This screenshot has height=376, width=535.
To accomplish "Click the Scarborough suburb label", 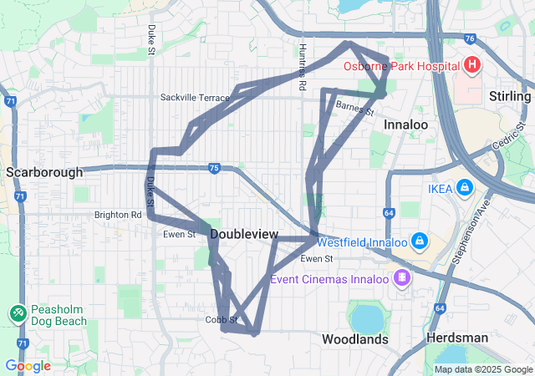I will (x=44, y=172).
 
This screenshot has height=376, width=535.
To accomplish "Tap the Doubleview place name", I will (x=244, y=235).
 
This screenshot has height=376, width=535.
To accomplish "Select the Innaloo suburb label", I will (x=405, y=124).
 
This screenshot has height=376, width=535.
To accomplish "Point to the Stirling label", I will (x=510, y=96).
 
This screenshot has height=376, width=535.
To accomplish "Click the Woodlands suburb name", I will (x=355, y=339).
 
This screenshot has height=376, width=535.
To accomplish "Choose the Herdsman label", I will (x=456, y=338).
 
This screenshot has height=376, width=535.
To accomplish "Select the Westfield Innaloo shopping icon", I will (x=420, y=242).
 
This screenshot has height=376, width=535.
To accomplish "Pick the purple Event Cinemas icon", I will (x=403, y=277).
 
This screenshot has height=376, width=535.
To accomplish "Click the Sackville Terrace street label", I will (x=195, y=98).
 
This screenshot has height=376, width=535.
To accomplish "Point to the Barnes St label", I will (x=353, y=105).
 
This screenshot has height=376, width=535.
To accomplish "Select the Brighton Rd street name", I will (x=118, y=215).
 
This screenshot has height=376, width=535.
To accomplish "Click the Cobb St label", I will (x=222, y=319).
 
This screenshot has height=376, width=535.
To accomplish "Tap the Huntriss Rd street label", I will (x=303, y=67).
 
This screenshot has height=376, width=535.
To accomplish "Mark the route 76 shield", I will (x=470, y=38).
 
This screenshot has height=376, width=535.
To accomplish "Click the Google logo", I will (x=28, y=366).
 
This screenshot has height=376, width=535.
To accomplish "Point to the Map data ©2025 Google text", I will (x=482, y=369).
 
